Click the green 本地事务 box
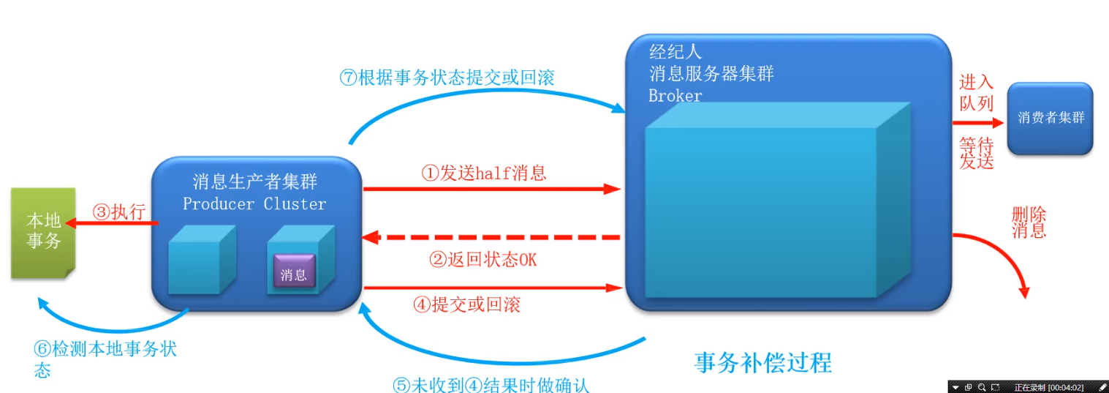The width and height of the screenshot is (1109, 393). (x=43, y=233)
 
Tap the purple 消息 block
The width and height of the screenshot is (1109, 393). (x=294, y=271)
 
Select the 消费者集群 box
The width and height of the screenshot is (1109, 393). (x=1050, y=119)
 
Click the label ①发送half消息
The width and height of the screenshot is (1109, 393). (x=484, y=173)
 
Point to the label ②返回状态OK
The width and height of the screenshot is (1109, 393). (x=482, y=259)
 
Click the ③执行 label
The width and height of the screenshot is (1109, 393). (x=119, y=212)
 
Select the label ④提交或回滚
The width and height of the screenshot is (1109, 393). (x=466, y=304)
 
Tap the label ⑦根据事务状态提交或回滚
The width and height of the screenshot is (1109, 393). (x=447, y=78)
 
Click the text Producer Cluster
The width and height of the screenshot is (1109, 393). (x=254, y=203)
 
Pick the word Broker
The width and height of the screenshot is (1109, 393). (x=675, y=96)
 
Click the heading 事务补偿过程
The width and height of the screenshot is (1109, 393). (x=762, y=362)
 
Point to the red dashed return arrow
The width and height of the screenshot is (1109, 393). (x=491, y=237)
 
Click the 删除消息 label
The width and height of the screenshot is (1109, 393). (x=1029, y=222)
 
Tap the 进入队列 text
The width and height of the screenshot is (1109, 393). (x=977, y=93)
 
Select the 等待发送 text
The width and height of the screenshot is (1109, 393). (x=977, y=154)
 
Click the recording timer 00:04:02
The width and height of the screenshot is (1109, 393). (x=1066, y=388)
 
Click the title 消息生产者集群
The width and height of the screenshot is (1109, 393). (x=254, y=182)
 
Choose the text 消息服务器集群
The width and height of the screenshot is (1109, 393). (x=711, y=74)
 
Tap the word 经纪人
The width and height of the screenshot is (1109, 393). (x=675, y=51)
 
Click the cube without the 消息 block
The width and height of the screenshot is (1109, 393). (x=202, y=260)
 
